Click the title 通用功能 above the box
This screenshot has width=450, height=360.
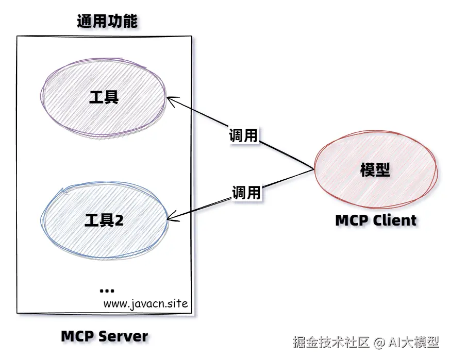coord(107,22)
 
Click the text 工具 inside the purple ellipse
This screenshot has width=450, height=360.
coord(104,97)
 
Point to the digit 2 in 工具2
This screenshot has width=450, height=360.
coord(119,221)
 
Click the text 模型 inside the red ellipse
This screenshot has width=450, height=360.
coord(375,170)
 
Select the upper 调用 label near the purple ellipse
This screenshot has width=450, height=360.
coord(243,135)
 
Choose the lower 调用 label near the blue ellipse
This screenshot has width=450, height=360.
coord(246,193)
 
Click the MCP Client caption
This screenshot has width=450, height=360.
coord(375,220)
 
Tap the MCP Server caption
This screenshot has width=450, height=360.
coord(105,337)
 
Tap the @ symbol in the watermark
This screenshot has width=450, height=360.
coord(379,342)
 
